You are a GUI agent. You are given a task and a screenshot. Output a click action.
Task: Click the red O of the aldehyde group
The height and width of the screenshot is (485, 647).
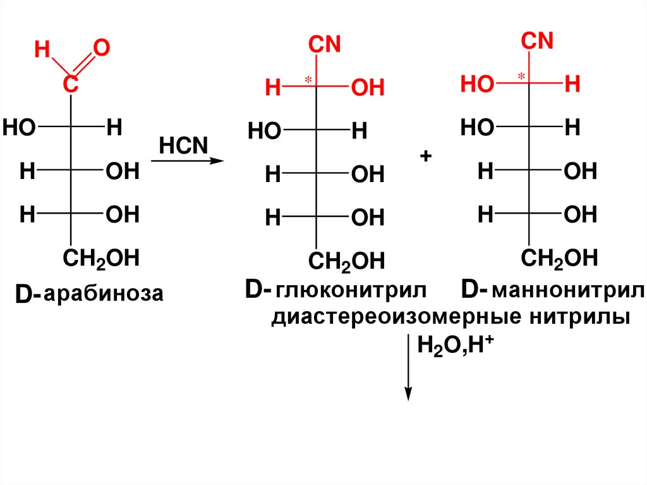pos(100,48)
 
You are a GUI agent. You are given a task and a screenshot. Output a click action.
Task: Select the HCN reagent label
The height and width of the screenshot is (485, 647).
pos(183,145)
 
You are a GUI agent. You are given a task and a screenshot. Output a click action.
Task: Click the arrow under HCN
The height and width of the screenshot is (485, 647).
pos(188,161)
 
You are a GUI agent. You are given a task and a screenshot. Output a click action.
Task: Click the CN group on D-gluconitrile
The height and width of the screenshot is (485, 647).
pos(324,45)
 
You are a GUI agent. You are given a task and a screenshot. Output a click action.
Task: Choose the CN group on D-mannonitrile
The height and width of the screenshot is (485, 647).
pos(537,41)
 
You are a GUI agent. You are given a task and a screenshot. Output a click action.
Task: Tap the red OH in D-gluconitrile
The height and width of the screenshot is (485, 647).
pos(367,89)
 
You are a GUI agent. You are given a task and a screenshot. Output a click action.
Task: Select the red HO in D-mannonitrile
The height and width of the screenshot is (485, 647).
pos(477,85)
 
